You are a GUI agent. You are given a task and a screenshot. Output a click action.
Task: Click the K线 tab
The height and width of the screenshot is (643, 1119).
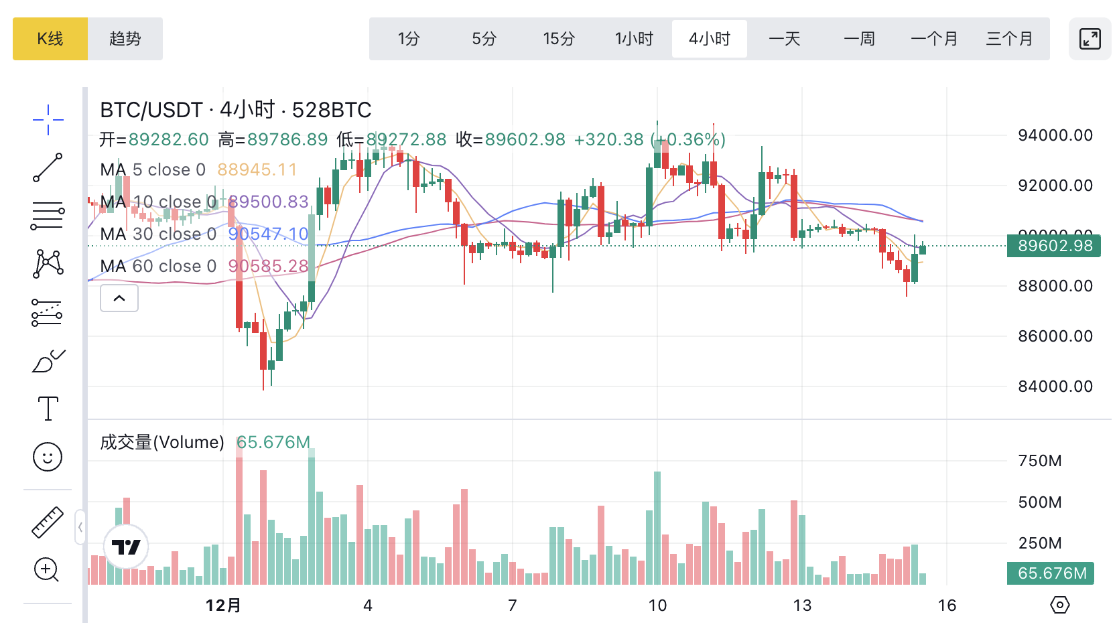tap(50, 39)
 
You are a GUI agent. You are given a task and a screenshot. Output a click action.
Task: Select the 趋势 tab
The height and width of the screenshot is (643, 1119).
tap(125, 39)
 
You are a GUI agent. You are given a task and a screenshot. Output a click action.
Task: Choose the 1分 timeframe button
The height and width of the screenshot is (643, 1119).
tap(408, 39)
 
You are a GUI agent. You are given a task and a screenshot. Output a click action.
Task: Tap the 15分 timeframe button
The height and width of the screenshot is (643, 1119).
tap(559, 39)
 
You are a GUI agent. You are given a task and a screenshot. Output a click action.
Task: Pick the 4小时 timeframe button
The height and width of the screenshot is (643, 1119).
tap(709, 39)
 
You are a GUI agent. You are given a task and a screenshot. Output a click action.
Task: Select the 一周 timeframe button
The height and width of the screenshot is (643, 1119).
tap(859, 39)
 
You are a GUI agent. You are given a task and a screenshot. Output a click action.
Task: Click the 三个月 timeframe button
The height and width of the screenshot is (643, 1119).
tap(1009, 39)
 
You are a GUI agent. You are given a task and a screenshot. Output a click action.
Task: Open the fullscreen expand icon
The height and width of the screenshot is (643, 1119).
tap(1090, 39)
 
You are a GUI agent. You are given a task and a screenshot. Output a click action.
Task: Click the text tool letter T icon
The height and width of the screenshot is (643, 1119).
tap(48, 408)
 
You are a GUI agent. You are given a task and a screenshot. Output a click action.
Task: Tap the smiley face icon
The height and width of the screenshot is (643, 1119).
tap(48, 457)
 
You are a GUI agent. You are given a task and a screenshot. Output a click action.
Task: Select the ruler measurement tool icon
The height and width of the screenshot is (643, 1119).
tap(48, 522)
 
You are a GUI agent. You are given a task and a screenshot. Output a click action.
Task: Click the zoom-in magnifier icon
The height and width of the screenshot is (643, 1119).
tap(47, 570)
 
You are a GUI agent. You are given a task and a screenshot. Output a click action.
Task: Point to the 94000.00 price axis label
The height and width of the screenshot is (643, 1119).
tap(1055, 135)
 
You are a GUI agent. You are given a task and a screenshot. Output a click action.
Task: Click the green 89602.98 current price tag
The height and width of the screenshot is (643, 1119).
tap(1054, 246)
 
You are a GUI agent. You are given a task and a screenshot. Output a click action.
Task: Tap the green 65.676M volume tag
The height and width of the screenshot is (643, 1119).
tap(1051, 573)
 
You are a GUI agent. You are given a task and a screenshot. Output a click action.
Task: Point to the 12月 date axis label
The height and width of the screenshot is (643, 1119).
tap(223, 605)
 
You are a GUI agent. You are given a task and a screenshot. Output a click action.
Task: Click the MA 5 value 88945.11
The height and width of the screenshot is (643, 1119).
tap(257, 170)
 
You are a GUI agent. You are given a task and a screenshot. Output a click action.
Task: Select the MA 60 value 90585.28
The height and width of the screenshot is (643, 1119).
tap(268, 267)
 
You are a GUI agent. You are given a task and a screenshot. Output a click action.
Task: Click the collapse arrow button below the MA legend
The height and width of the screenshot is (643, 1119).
tap(119, 298)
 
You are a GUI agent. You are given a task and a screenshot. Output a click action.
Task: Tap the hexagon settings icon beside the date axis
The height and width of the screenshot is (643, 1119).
tap(1060, 605)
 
